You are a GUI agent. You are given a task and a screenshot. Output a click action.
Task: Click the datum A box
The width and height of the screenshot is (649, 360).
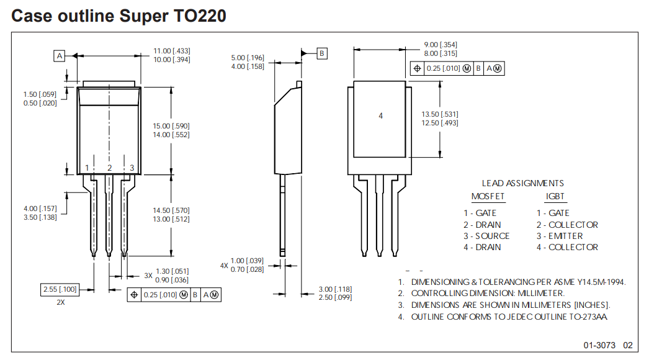coord(60,56)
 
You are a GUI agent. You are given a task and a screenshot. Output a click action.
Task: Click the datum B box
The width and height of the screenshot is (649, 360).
coord(322,53)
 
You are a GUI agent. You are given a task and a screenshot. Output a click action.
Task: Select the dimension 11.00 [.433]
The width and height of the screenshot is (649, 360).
coord(172,51)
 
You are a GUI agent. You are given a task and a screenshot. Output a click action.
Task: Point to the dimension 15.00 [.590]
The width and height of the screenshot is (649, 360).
coord(172,126)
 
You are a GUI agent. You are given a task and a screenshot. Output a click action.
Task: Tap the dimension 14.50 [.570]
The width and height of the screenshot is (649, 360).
coord(172,210)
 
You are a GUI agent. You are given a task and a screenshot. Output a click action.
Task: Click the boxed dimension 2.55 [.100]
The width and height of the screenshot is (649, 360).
coord(60,290)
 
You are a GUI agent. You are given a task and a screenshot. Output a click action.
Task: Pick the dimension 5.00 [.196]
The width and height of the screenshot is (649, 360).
coord(248,58)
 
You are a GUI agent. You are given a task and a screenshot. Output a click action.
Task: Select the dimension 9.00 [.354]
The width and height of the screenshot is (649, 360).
coord(441,45)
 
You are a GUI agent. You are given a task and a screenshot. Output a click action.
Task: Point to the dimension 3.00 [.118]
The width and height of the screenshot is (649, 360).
coord(334,289)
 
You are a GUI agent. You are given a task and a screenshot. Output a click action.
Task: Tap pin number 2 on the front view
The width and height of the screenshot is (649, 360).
coord(109,168)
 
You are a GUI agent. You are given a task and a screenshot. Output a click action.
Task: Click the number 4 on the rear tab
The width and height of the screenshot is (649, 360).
coord(381,115)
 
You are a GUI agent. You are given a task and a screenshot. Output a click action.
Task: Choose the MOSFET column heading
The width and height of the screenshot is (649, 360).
coord(488,197)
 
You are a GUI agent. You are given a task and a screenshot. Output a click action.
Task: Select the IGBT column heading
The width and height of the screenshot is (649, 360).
coord(555,197)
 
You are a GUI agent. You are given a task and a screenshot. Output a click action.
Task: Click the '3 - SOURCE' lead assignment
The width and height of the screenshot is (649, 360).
coord(486,236)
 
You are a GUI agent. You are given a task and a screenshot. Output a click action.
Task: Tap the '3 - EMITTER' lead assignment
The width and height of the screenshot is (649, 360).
coord(560,236)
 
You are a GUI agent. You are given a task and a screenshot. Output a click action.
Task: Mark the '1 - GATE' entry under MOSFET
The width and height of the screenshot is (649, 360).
coord(480,213)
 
